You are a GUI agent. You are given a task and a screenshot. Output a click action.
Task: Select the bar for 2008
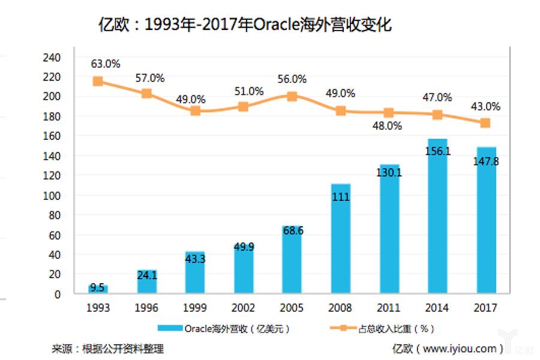[340, 240]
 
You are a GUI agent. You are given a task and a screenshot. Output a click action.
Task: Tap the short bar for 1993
[98, 289]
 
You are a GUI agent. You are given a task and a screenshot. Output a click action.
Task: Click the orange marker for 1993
[98, 81]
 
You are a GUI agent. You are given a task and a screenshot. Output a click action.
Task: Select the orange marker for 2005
[292, 96]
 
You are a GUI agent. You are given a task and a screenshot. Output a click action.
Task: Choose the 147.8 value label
[486, 161]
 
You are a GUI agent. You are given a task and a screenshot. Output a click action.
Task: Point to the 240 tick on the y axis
[53, 58]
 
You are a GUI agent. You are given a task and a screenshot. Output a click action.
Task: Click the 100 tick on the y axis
[53, 196]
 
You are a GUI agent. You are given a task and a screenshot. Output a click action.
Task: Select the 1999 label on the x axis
[195, 308]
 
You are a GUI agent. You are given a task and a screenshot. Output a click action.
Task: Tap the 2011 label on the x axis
[388, 308]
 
